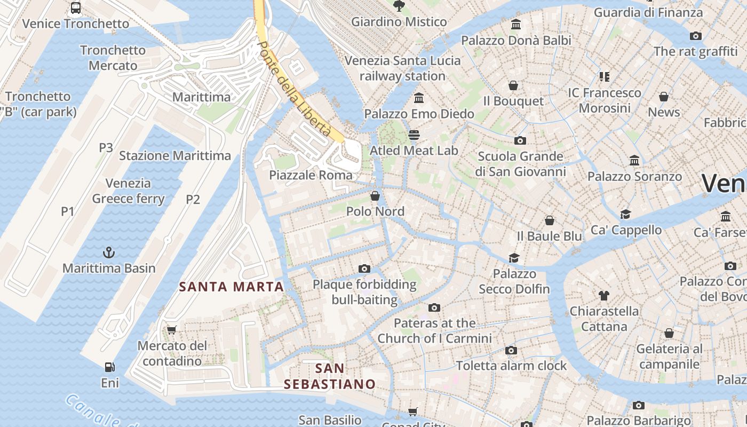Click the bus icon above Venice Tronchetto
(76, 8)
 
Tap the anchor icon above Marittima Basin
(109, 252)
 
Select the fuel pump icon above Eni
(109, 367)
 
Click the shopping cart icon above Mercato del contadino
(171, 330)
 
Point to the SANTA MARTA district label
(231, 287)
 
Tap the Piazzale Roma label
(311, 175)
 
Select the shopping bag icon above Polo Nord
(375, 196)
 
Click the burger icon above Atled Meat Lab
(414, 135)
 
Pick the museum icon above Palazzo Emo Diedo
(419, 98)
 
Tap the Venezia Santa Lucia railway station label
(402, 68)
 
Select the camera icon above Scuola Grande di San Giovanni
(520, 140)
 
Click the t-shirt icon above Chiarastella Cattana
(604, 295)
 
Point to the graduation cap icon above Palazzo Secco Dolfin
(514, 258)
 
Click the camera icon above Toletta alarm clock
(511, 350)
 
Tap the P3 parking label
(106, 148)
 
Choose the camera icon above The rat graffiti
(695, 36)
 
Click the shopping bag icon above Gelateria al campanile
(669, 333)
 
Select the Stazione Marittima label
(175, 156)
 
